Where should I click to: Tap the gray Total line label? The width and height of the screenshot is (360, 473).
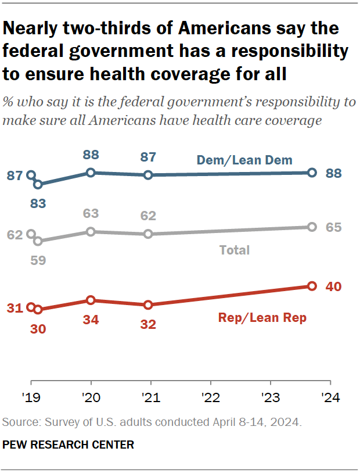click(x=234, y=250)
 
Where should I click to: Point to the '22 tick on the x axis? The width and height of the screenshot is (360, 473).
click(x=210, y=398)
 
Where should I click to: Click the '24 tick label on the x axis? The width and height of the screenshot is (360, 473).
click(x=330, y=398)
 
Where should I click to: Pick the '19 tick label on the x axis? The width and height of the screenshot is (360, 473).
click(x=30, y=398)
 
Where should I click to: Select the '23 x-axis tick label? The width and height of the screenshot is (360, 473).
click(x=270, y=398)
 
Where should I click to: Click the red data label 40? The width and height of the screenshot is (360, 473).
click(x=333, y=286)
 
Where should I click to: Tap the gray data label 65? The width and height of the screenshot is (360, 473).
click(x=333, y=227)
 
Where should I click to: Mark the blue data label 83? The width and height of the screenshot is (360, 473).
click(x=38, y=203)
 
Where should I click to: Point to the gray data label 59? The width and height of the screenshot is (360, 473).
click(x=38, y=260)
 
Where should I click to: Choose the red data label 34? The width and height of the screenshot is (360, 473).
click(x=91, y=319)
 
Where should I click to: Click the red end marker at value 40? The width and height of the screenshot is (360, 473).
click(x=312, y=286)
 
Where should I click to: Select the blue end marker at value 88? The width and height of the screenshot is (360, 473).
click(x=312, y=173)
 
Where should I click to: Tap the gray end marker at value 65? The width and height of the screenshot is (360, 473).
click(x=312, y=227)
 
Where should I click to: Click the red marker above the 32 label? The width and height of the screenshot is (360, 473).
click(x=148, y=304)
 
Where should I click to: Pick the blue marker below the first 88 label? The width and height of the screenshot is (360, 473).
click(x=91, y=173)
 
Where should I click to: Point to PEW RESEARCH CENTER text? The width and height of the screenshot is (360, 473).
click(x=69, y=445)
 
